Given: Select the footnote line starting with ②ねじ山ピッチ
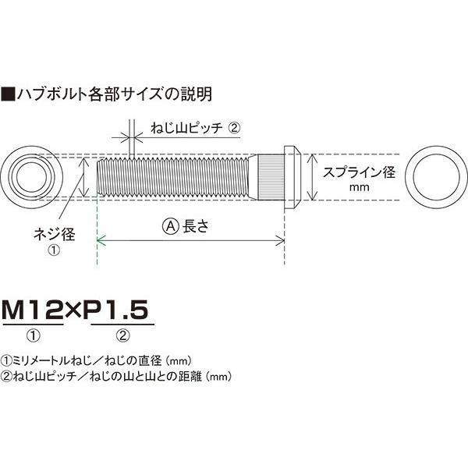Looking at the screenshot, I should click(x=116, y=375).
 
